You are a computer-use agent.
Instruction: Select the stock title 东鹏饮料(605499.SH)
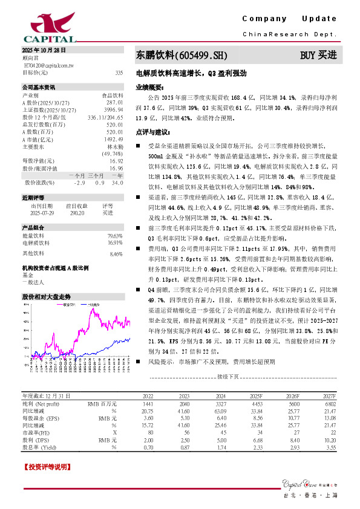(182, 56)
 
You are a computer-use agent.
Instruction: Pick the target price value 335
(119, 72)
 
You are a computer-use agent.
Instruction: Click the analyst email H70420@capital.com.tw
(48, 65)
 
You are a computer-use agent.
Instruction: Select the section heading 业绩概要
(149, 87)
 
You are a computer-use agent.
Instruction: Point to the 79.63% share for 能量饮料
(115, 236)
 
